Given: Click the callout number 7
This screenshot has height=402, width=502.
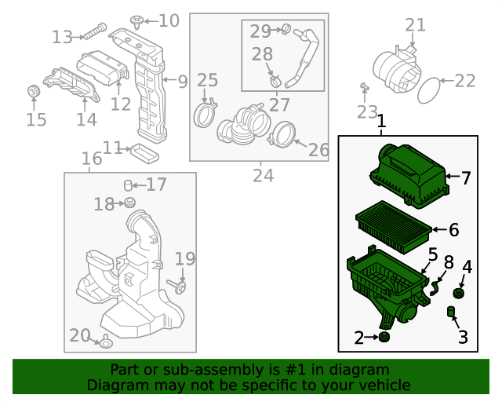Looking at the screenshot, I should [x=466, y=178].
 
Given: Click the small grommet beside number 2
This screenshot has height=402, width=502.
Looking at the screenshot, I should [x=384, y=338].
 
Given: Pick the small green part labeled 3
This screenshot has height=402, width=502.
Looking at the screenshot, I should [x=452, y=314].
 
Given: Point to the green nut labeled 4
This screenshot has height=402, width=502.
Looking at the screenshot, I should [x=459, y=294].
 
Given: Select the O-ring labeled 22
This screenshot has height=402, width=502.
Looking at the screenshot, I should [x=429, y=90].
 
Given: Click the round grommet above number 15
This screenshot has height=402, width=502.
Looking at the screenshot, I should [x=34, y=93].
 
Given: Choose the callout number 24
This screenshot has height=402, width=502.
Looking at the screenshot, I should [x=263, y=175].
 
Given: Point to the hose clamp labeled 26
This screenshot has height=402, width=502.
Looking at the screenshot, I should [x=279, y=137].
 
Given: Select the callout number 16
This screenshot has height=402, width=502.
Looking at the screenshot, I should [x=92, y=159].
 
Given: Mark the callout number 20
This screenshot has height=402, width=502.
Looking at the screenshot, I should [x=80, y=335].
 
